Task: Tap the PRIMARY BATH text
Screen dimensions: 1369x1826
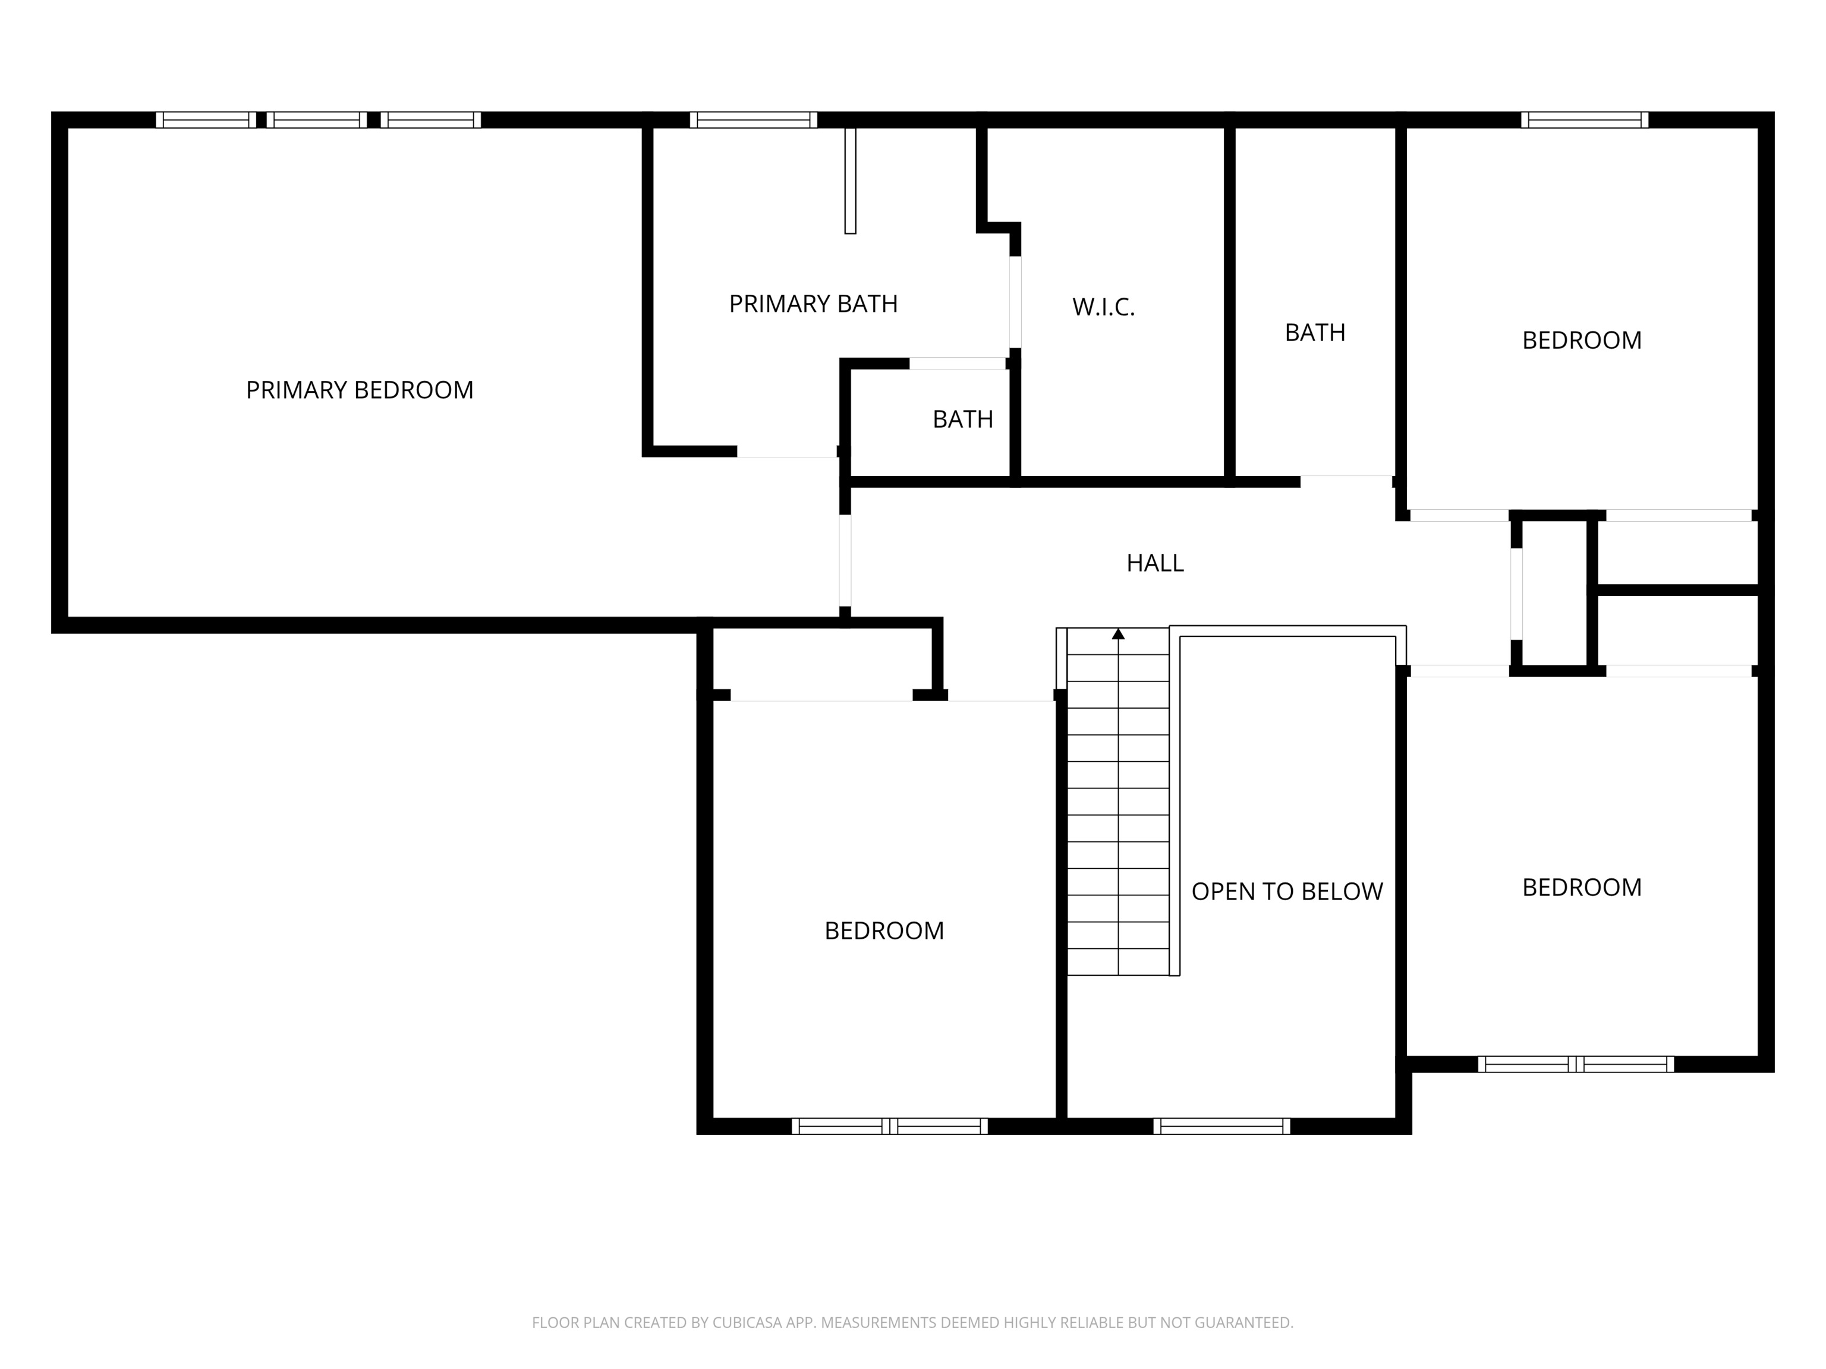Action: pos(813,304)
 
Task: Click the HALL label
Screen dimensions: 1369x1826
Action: pos(1155,563)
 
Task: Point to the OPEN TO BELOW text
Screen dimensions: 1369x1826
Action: pos(1286,891)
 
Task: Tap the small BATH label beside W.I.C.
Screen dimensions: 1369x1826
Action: pos(962,419)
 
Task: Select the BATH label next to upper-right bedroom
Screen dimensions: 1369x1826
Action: pos(1314,333)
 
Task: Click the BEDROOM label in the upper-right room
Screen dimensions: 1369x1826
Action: pos(1581,340)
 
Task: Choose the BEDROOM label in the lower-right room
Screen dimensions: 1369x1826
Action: pos(1581,887)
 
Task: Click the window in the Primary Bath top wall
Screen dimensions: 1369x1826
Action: pos(753,119)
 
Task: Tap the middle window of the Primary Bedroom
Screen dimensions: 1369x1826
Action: pos(316,119)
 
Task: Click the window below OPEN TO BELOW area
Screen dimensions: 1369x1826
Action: pos(1221,1127)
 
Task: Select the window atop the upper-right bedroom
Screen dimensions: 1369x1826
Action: pos(1584,119)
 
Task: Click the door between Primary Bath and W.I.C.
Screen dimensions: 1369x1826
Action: pos(1015,302)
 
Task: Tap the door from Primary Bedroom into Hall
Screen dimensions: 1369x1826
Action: pos(845,561)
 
